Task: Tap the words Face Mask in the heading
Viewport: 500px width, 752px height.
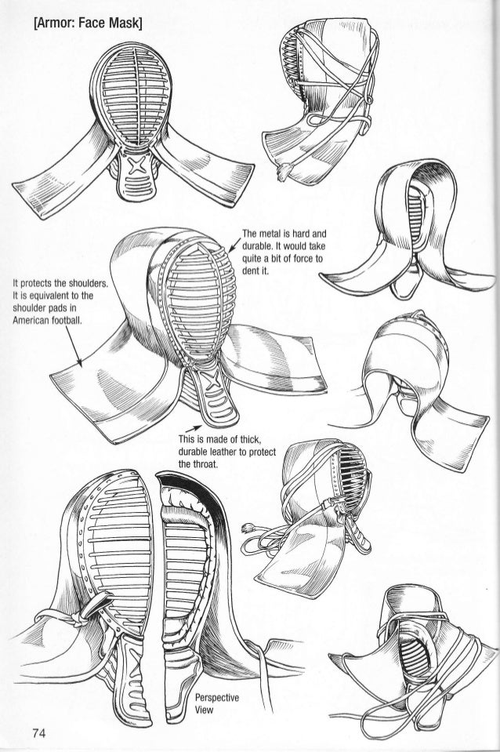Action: click(117, 16)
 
